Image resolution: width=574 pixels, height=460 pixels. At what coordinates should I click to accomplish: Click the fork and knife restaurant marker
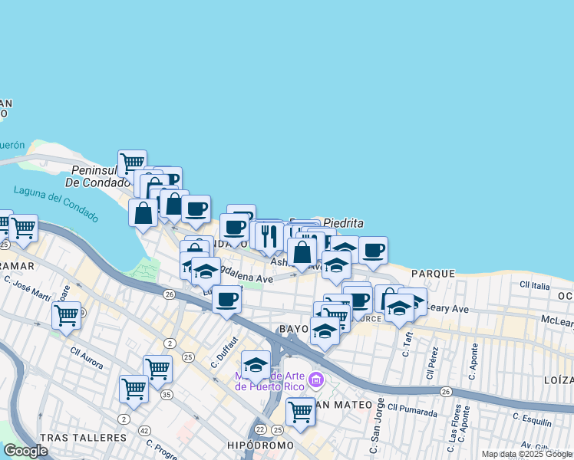tap(269, 235)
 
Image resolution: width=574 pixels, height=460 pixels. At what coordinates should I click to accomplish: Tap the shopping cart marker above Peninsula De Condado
tap(132, 163)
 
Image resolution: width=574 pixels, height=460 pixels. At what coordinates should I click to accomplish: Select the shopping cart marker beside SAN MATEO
tap(300, 411)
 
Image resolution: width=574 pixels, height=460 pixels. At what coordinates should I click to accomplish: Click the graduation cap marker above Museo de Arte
tap(256, 364)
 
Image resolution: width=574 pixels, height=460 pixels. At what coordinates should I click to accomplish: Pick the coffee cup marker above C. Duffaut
tap(226, 299)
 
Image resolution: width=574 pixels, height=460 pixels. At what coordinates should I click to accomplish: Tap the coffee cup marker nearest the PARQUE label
tap(374, 250)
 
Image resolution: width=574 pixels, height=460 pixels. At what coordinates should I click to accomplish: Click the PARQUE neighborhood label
tap(432, 274)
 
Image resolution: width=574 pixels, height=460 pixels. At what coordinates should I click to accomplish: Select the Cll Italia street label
tap(535, 285)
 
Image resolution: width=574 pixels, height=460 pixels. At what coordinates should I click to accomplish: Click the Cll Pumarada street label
tap(412, 410)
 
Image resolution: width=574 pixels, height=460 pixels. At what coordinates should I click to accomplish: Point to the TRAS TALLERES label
tap(83, 438)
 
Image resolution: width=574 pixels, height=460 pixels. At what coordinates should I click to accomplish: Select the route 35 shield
tap(167, 395)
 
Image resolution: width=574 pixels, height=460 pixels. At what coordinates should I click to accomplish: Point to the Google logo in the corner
tap(25, 451)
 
